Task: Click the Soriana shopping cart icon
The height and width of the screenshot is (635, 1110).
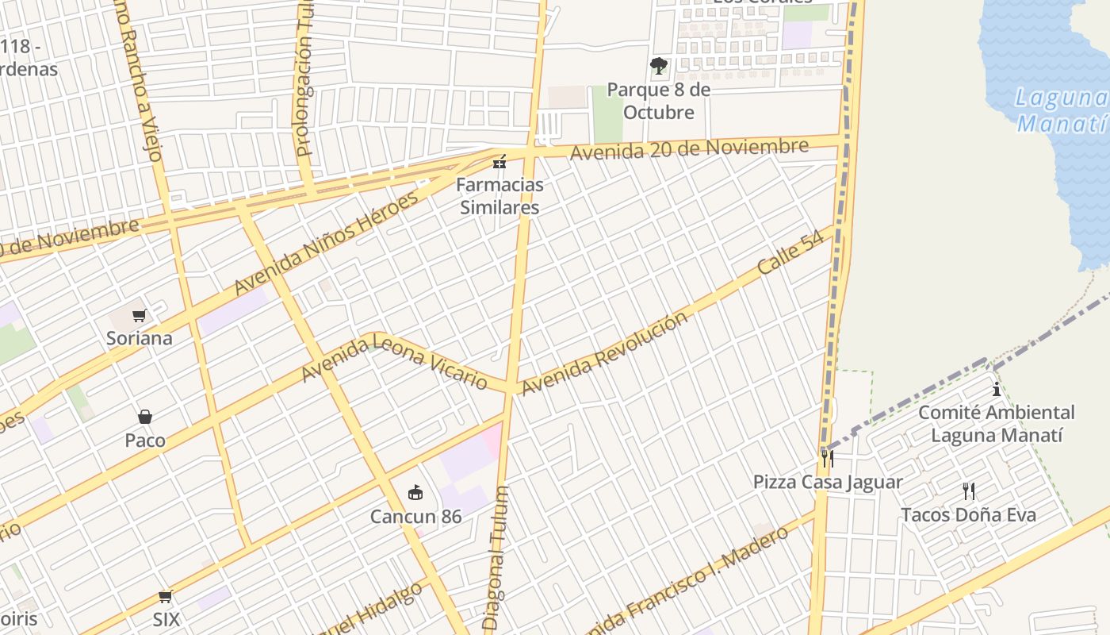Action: (x=140, y=315)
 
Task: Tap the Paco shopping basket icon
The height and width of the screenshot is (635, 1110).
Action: (x=145, y=417)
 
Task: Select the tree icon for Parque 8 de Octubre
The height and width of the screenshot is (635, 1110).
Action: (x=658, y=66)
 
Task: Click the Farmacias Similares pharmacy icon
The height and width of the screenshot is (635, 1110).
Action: (x=499, y=162)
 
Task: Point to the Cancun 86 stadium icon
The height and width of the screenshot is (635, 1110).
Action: (x=415, y=493)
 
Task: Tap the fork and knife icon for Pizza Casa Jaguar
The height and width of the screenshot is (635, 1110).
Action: (x=827, y=458)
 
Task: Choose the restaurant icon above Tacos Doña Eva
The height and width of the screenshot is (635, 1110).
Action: (x=968, y=491)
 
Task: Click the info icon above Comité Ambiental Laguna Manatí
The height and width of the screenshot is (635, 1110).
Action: (x=997, y=389)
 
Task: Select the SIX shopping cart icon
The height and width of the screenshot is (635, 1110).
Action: (x=165, y=596)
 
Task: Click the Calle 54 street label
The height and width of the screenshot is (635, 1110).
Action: (x=790, y=253)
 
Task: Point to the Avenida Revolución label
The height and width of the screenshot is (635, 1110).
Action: (x=604, y=354)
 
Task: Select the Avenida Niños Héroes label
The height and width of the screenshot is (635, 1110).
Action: (x=326, y=243)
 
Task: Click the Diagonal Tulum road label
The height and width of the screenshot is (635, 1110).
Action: (x=496, y=559)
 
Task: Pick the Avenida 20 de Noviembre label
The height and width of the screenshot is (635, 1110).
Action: (x=689, y=148)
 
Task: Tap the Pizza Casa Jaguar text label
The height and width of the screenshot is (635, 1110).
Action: (x=828, y=482)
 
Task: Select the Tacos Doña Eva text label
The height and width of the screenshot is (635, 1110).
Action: (x=968, y=514)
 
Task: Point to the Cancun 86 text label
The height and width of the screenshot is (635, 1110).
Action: (x=415, y=517)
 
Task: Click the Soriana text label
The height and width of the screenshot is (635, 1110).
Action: (x=140, y=338)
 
